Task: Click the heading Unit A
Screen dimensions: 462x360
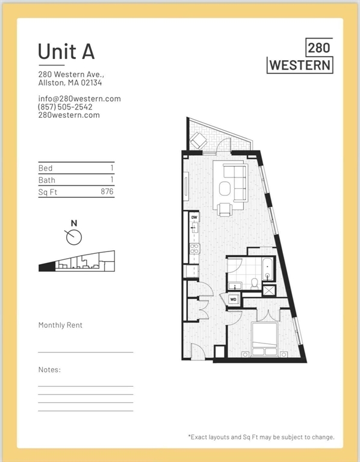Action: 66,51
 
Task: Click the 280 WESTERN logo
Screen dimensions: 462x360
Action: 300,56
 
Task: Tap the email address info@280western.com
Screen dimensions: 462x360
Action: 79,99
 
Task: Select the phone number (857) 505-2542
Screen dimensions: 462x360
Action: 65,107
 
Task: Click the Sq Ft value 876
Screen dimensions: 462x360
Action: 107,192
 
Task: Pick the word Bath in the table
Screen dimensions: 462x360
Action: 47,180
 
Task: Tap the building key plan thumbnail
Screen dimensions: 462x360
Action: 76,263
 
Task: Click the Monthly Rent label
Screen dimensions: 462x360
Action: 60,325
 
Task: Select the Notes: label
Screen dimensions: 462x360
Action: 49,369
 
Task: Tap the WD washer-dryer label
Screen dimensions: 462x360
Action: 234,298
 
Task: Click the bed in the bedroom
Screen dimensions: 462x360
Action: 265,340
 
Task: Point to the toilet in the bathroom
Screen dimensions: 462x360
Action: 255,282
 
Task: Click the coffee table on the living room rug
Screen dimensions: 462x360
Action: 226,188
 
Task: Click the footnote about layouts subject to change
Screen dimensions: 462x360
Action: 261,437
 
